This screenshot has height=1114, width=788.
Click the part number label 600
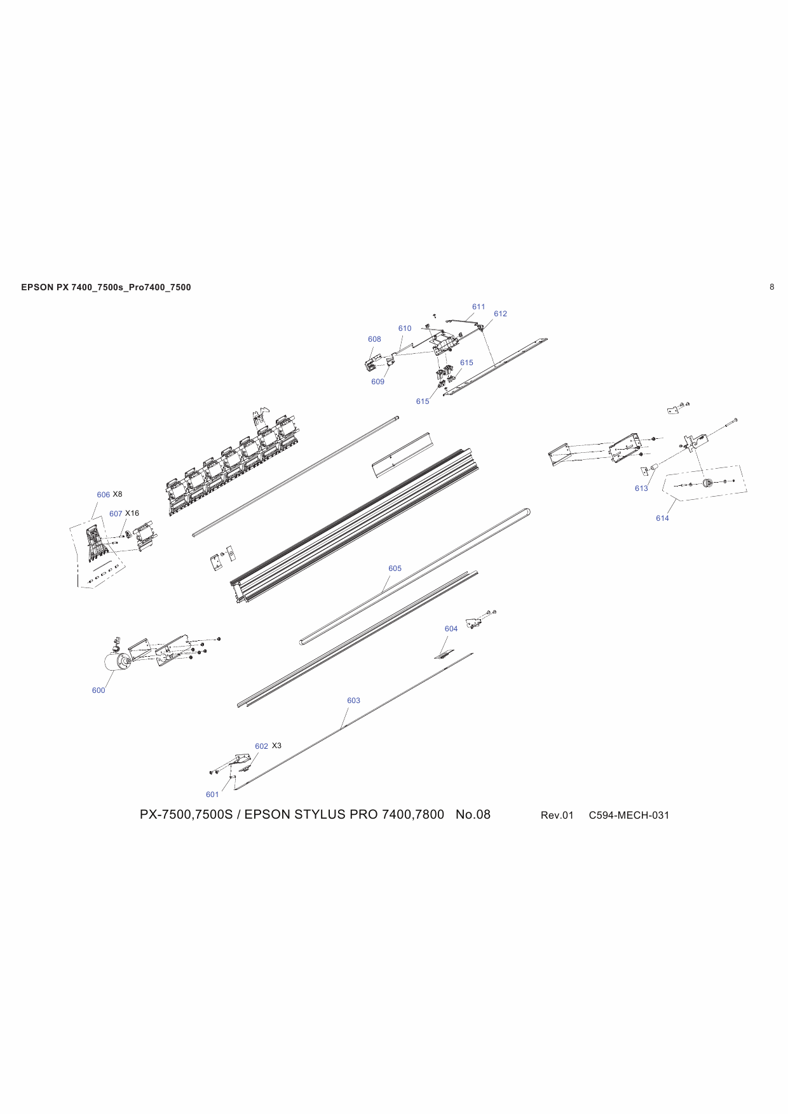98,690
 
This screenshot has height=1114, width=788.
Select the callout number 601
212,795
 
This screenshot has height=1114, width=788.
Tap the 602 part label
261,746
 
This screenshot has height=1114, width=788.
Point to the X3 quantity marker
276,746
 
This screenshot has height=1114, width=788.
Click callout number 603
353,701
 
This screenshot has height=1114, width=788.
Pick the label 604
451,629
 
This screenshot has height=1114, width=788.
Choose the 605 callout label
395,568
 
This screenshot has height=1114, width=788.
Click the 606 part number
103,495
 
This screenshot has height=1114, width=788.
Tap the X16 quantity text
132,513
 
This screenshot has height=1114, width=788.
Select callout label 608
374,339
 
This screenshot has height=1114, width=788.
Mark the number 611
479,307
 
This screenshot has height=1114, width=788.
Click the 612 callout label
500,314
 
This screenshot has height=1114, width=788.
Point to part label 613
641,488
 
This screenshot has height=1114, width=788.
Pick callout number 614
662,518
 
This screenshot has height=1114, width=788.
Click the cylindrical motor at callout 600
116,662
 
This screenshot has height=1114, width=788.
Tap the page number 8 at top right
772,287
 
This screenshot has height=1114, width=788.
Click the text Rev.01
557,815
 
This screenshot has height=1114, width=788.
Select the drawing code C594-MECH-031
628,815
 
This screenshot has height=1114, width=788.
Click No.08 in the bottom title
473,815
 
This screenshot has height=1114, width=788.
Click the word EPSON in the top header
37,287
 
